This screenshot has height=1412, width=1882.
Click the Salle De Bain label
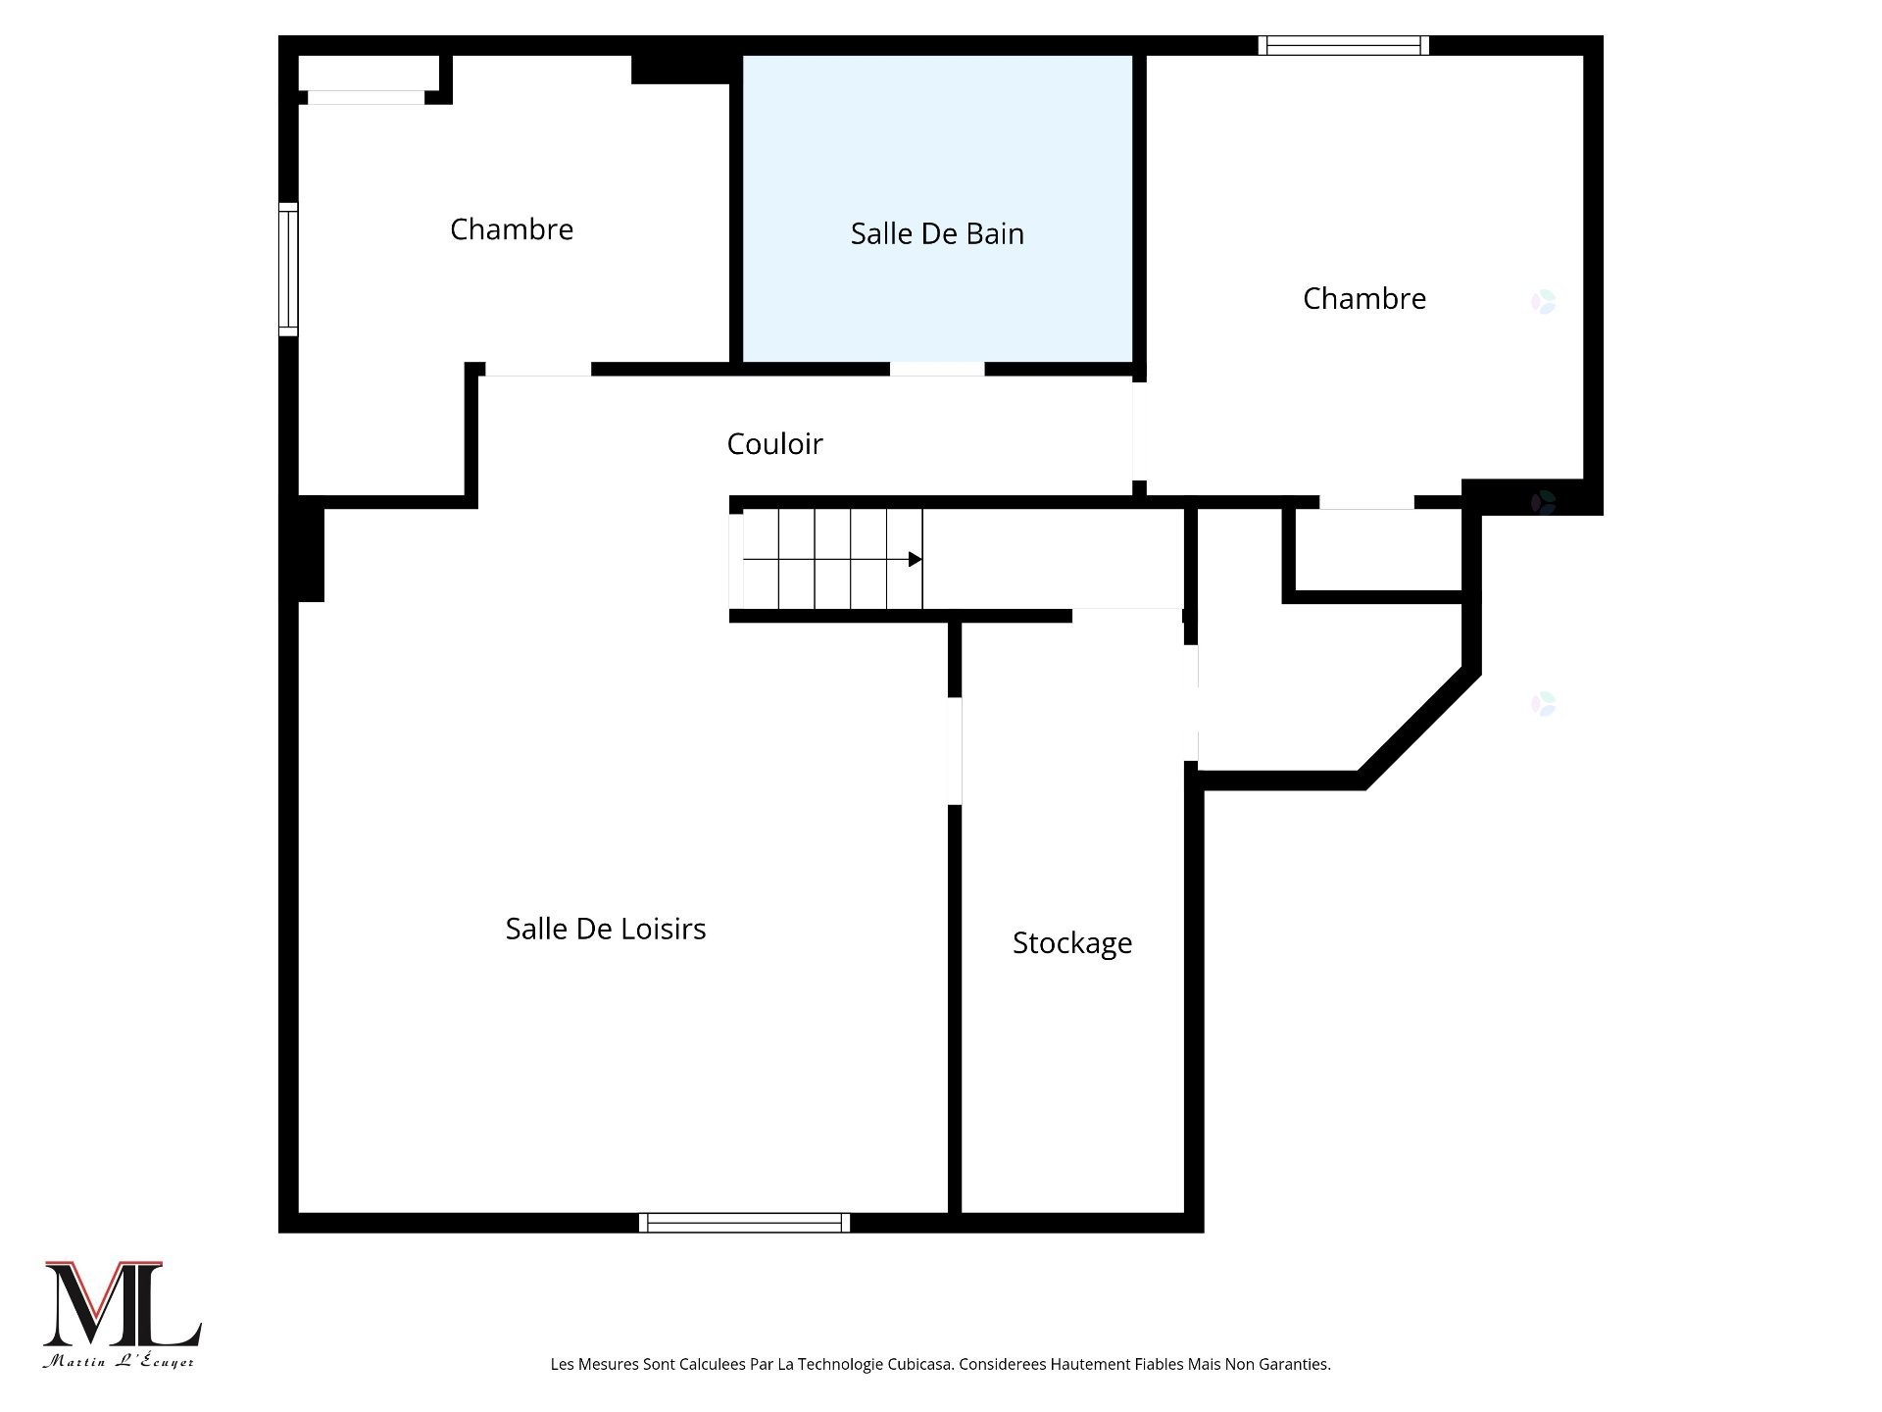click(x=937, y=234)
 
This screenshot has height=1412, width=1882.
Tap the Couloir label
click(x=774, y=444)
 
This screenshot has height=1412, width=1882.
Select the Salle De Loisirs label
click(x=605, y=929)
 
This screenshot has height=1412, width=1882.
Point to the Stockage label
click(x=1071, y=943)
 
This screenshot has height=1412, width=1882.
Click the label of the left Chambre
click(x=511, y=229)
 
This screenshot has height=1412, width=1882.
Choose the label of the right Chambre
click(x=1363, y=299)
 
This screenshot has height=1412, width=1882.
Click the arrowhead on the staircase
click(x=915, y=560)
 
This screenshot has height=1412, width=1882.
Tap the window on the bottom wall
click(x=744, y=1222)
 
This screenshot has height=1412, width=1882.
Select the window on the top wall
click(x=1343, y=45)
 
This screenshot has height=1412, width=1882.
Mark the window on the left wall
click(x=288, y=270)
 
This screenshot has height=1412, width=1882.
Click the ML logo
click(x=122, y=1304)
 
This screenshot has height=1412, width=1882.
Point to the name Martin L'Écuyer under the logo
click(x=119, y=1362)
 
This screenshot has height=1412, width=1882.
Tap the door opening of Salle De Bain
click(x=937, y=369)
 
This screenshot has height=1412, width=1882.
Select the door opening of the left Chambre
click(x=538, y=370)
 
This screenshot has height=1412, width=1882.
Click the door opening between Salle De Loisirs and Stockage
click(x=955, y=750)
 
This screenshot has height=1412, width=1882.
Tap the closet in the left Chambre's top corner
click(x=368, y=75)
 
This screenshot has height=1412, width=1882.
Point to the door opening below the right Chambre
click(x=1366, y=502)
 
